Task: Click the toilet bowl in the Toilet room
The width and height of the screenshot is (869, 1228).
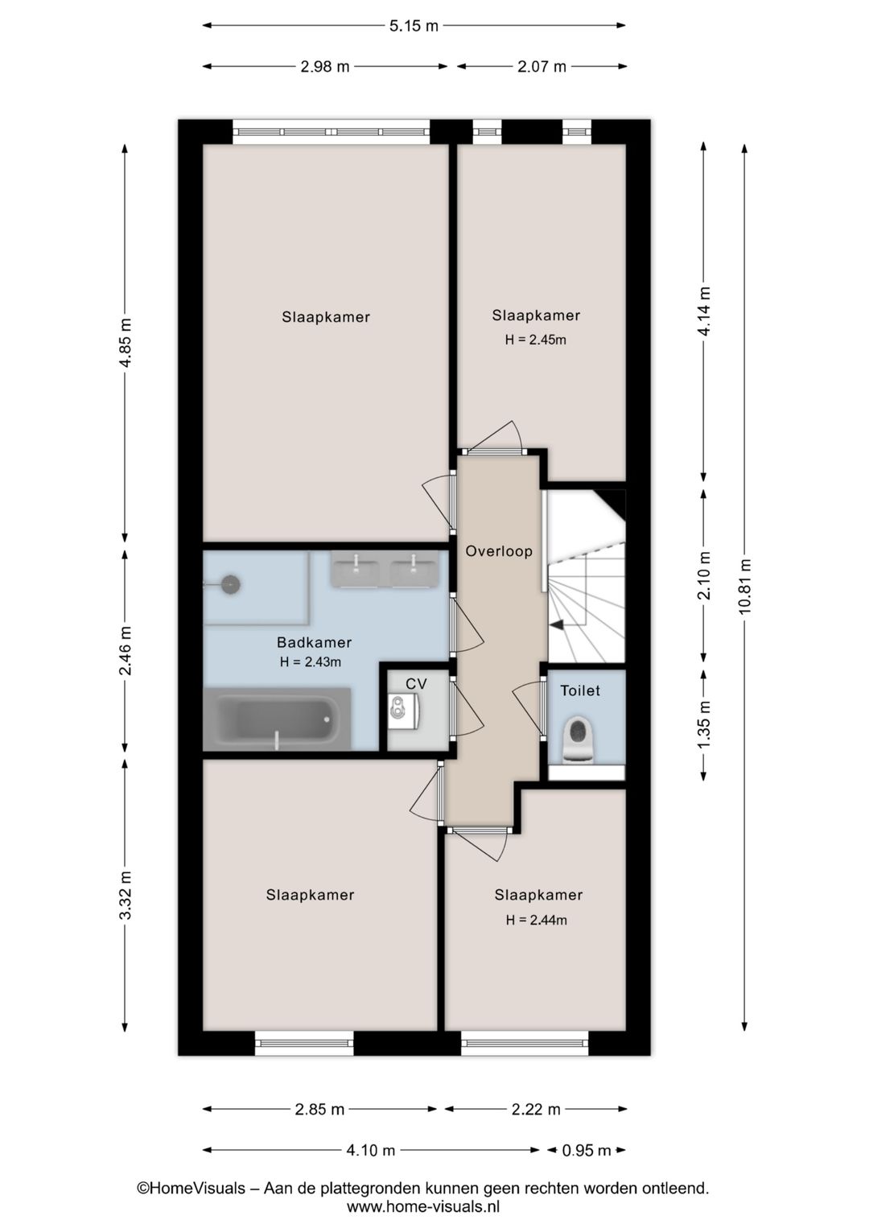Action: [x=578, y=738]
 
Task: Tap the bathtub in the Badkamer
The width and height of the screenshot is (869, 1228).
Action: [x=277, y=719]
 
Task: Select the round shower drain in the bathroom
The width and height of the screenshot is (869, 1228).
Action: [x=232, y=584]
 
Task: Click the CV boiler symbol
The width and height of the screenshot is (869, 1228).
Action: [x=404, y=711]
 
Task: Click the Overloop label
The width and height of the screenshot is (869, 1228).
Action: [x=499, y=551]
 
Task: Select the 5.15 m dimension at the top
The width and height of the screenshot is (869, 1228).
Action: [x=414, y=26]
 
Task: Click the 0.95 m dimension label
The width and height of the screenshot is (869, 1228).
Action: [x=586, y=1150]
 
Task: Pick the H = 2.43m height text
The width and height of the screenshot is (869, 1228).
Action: [x=311, y=661]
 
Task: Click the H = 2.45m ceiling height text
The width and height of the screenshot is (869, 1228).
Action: [x=535, y=340]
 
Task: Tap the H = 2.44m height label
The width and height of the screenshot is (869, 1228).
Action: [x=536, y=920]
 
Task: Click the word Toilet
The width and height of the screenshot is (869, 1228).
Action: [x=580, y=690]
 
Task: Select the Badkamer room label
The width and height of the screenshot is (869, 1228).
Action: [x=314, y=642]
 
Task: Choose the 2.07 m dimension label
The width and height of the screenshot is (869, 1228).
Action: [x=542, y=67]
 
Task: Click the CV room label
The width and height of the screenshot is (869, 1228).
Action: [x=416, y=684]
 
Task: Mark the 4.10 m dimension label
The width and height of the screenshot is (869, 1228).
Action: [x=371, y=1150]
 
